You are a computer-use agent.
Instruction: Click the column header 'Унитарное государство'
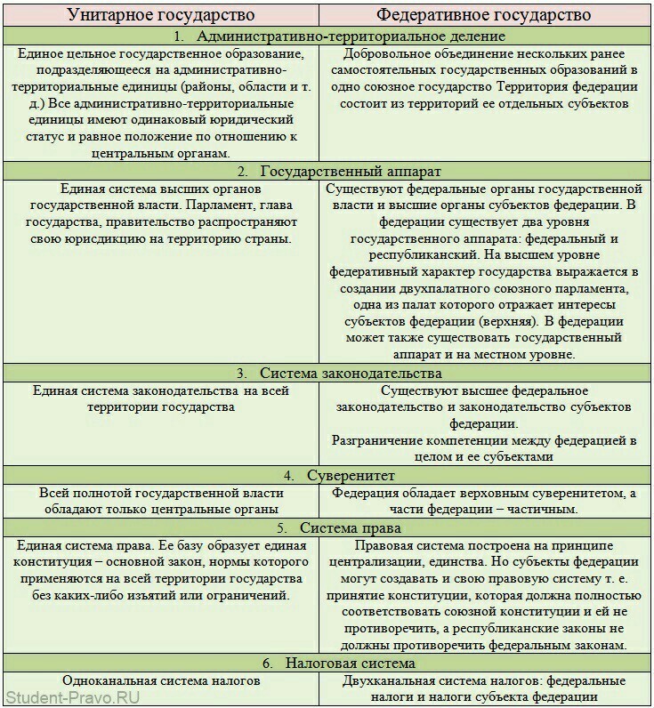[160, 14]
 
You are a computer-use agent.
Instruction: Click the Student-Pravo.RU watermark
[72, 696]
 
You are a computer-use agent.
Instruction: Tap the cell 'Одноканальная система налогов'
[161, 680]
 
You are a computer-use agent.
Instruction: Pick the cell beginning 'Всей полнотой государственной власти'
[160, 501]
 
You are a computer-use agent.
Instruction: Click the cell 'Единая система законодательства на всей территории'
[160, 398]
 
